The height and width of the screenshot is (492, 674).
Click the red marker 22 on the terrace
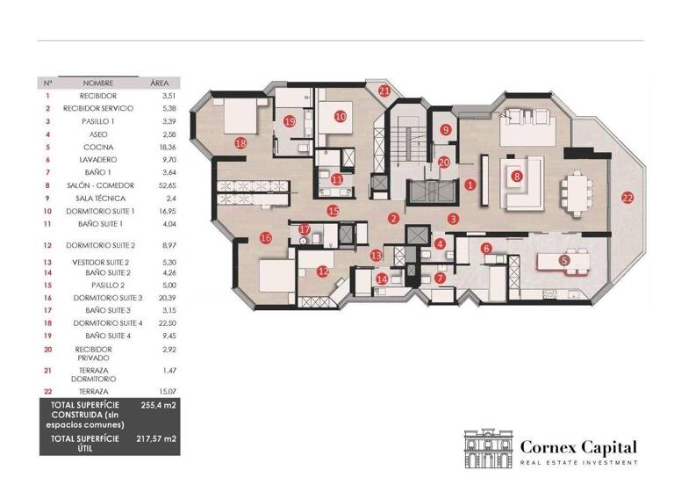tap(627, 198)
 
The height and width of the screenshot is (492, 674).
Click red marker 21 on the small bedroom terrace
tap(384, 90)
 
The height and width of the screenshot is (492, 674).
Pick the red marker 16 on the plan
tap(266, 237)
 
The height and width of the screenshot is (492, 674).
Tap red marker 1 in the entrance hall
tap(470, 184)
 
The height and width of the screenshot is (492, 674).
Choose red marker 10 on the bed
tap(340, 115)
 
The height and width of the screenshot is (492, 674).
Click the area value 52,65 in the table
tap(159, 185)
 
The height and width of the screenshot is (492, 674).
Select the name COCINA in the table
tap(98, 147)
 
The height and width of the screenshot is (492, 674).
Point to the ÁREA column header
tap(159, 82)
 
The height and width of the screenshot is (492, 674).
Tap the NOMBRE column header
tap(98, 82)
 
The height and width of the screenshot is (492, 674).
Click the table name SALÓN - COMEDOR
tap(98, 185)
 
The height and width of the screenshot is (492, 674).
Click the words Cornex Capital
tap(577, 446)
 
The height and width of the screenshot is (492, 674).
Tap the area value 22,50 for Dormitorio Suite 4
tap(159, 322)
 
